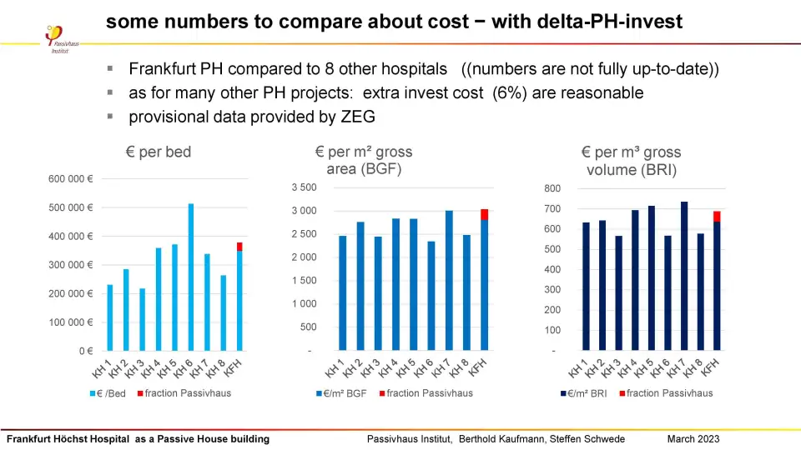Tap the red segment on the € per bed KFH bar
click(239, 247)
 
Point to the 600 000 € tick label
click(70, 178)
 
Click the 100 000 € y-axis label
click(70, 322)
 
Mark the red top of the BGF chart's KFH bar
click(484, 214)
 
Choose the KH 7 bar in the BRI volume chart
click(684, 276)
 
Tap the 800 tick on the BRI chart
click(552, 188)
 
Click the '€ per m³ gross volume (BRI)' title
click(631, 162)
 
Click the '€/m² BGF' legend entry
click(343, 393)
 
